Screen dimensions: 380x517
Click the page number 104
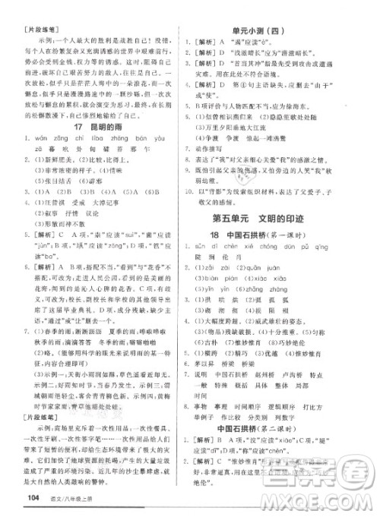(35, 497)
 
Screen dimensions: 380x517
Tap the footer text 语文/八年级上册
(70, 497)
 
